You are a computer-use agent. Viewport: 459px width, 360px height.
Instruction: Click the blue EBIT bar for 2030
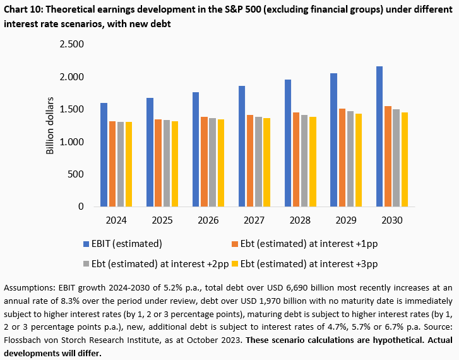coord(379,136)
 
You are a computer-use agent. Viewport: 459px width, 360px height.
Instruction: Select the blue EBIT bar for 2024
coord(104,155)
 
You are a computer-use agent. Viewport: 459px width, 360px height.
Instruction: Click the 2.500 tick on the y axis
coord(71,44)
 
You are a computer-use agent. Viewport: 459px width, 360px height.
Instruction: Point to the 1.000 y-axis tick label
coord(71,141)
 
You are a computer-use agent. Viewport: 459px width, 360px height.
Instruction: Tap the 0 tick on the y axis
coord(80,207)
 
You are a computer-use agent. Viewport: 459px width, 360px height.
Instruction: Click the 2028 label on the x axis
coord(300,220)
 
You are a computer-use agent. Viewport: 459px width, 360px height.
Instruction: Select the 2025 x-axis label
coord(162,220)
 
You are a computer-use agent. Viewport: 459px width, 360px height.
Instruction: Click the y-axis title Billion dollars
coord(51,126)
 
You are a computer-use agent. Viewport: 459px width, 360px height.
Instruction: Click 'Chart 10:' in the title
coord(25,8)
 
